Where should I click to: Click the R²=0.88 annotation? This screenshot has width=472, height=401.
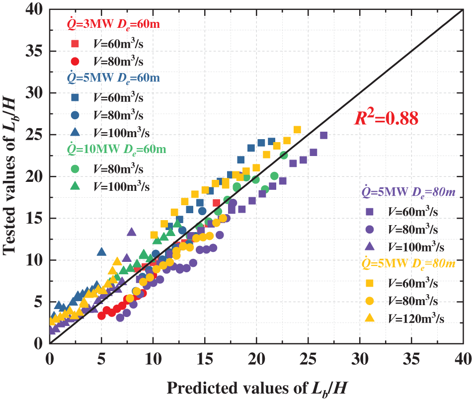(x=386, y=119)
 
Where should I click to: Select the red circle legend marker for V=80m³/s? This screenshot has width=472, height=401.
(x=75, y=62)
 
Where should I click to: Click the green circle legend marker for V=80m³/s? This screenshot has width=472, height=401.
(x=75, y=168)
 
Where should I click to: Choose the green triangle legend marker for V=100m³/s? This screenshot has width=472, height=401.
(x=75, y=186)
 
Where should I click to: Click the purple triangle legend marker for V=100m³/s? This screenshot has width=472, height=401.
(x=370, y=247)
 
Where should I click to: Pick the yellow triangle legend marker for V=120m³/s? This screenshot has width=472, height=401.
(x=370, y=319)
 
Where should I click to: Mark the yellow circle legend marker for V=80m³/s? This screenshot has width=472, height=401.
(x=370, y=301)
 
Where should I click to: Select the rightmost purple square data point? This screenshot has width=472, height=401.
(x=323, y=135)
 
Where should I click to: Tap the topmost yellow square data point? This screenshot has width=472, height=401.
(x=297, y=130)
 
